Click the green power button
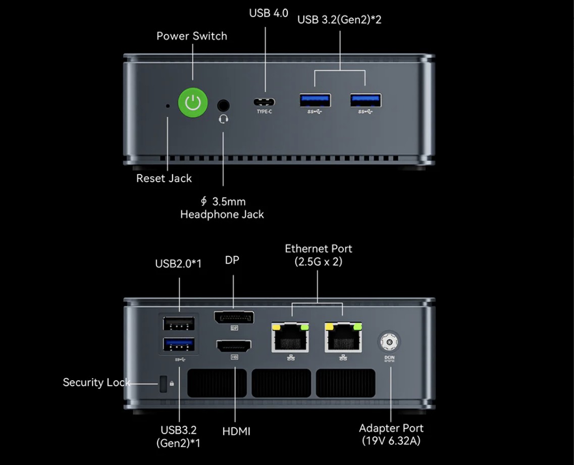pyautogui.click(x=193, y=102)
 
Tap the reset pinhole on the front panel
pyautogui.click(x=168, y=106)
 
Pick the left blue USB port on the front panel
pyautogui.click(x=316, y=100)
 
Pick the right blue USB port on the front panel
pyautogui.click(x=366, y=100)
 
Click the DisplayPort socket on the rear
pyautogui.click(x=234, y=318)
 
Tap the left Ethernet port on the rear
pyautogui.click(x=290, y=337)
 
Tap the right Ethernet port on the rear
pyautogui.click(x=343, y=337)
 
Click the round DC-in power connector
pyautogui.click(x=389, y=343)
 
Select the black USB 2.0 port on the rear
pyautogui.click(x=179, y=323)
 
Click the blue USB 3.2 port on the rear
pyautogui.click(x=179, y=345)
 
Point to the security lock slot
pyautogui.click(x=163, y=384)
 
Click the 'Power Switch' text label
pyautogui.click(x=192, y=36)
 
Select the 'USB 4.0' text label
pyautogui.click(x=269, y=14)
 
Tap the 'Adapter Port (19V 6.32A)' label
pyautogui.click(x=391, y=434)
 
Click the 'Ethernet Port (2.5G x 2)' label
pyautogui.click(x=319, y=255)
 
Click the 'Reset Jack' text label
pyautogui.click(x=164, y=178)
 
